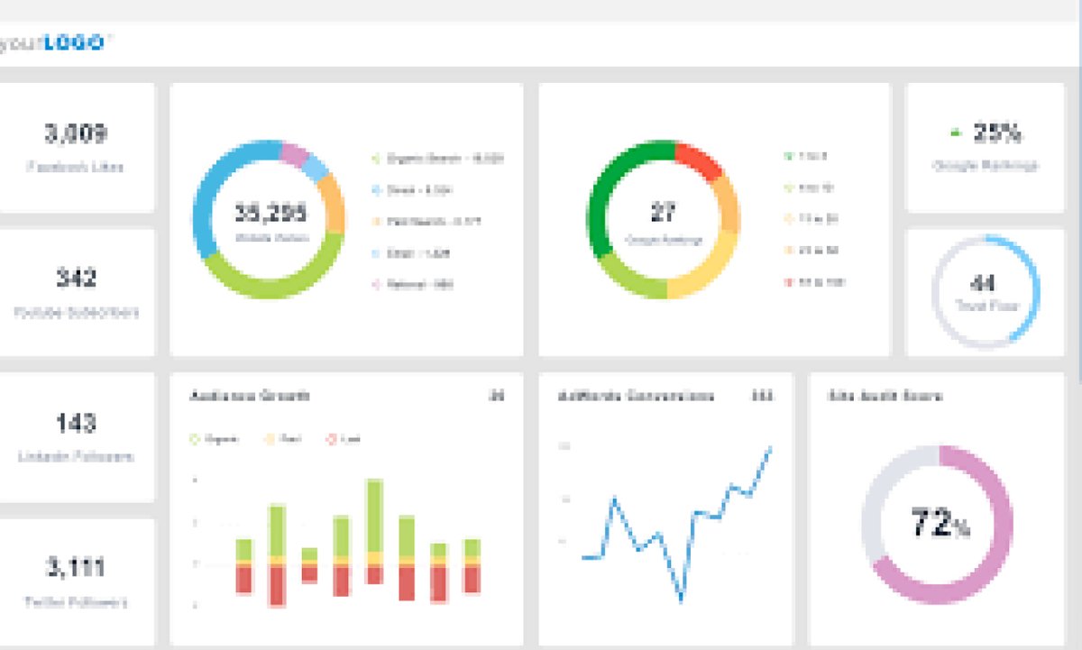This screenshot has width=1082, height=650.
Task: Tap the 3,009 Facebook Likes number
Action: (x=76, y=134)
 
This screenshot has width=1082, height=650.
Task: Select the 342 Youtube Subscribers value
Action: (x=76, y=279)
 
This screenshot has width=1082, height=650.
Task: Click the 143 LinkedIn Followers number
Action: (x=76, y=423)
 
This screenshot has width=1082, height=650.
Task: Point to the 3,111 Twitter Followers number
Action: (x=76, y=568)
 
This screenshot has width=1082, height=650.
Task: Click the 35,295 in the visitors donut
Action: (x=270, y=214)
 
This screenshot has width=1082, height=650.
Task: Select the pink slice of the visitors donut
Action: (x=294, y=154)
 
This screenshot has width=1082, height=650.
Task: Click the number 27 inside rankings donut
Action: (x=664, y=214)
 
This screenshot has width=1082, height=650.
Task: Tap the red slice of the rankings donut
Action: (x=701, y=160)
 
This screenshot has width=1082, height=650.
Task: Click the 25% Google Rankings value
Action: (x=996, y=134)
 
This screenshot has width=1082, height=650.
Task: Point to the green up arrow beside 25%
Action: (x=955, y=133)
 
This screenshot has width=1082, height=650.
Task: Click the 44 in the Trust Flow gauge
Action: (x=984, y=284)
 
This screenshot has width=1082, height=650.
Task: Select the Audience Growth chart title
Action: (x=251, y=396)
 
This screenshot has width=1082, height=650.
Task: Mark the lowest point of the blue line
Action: (x=682, y=600)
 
